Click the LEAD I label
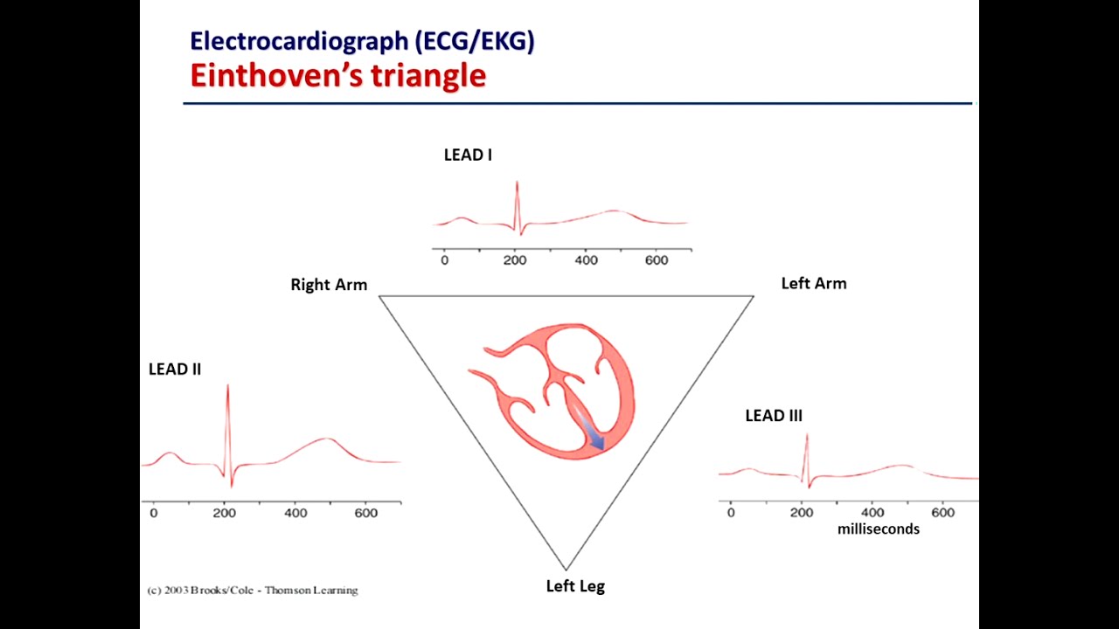pyautogui.click(x=468, y=156)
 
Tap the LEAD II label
pyautogui.click(x=175, y=370)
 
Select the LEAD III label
pyautogui.click(x=773, y=416)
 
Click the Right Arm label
pyautogui.click(x=329, y=285)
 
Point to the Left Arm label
pyautogui.click(x=813, y=283)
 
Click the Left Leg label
pyautogui.click(x=575, y=586)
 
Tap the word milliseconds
pyautogui.click(x=878, y=529)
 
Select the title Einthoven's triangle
pyautogui.click(x=337, y=75)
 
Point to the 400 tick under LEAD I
pyautogui.click(x=586, y=260)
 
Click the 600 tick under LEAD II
pyautogui.click(x=366, y=513)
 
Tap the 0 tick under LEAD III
pyautogui.click(x=731, y=512)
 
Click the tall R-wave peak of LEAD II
pyautogui.click(x=227, y=387)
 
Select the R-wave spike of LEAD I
pyautogui.click(x=517, y=184)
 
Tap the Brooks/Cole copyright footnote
pyautogui.click(x=252, y=591)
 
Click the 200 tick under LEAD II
pyautogui.click(x=225, y=513)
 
